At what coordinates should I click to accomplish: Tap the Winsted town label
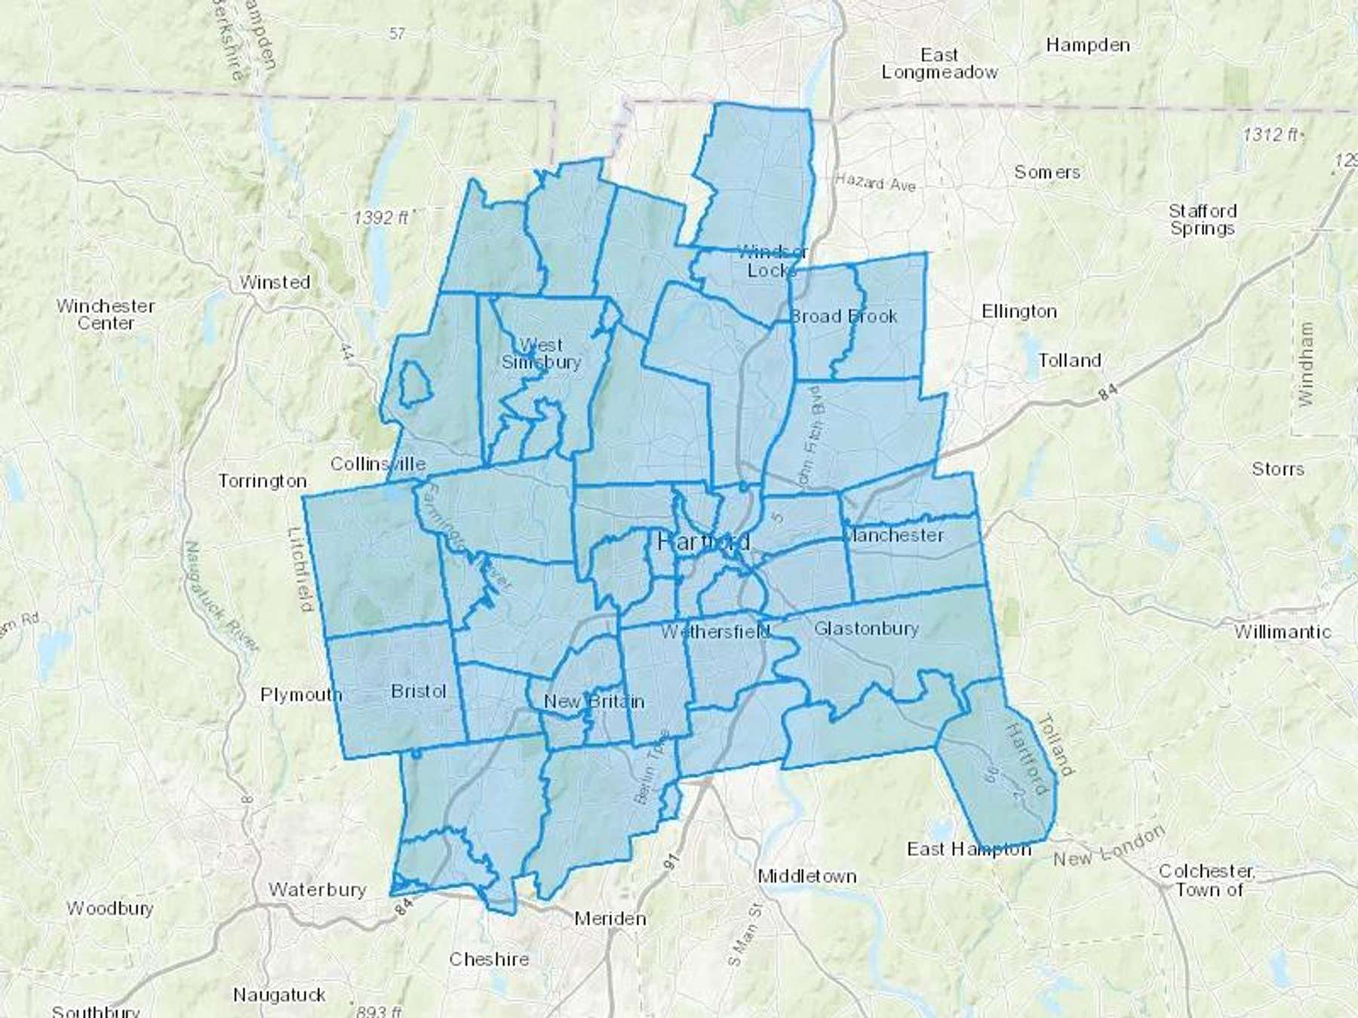coord(275,282)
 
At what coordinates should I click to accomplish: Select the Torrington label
coord(263,481)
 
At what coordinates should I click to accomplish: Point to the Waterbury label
coord(317,890)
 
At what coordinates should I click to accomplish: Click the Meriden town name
coord(610,918)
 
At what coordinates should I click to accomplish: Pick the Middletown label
coord(807,876)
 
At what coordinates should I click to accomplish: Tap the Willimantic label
coord(1283,632)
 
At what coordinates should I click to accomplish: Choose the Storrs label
coord(1278,469)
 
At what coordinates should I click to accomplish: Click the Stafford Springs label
coord(1203,219)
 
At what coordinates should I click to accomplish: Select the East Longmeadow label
coord(939,64)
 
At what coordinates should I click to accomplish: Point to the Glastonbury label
coord(866,628)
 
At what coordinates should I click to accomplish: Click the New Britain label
coord(594,701)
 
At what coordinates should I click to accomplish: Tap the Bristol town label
coord(419,691)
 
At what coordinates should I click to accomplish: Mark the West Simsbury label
coord(541,354)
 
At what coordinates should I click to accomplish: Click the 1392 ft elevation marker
coord(381,218)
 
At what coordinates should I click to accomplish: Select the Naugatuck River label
coord(223,596)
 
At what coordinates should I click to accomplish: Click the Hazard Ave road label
coord(875,182)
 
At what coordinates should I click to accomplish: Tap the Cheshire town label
coord(489,959)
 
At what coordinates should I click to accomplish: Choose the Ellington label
coord(1019,311)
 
